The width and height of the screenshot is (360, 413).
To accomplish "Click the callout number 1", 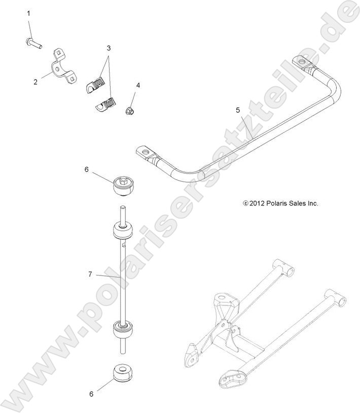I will coord(28,13).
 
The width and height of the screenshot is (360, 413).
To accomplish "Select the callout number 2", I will coord(35,81).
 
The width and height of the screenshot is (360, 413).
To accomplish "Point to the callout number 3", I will coord(109,48).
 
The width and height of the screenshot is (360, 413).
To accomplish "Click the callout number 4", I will coord(137,86).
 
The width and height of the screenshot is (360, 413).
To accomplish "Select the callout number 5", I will coord(237,110).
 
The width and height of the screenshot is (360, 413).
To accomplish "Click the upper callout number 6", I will coord(86,169).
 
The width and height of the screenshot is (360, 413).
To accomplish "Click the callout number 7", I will coord(90,274).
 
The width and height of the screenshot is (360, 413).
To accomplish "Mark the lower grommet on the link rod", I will coord(122,330).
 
